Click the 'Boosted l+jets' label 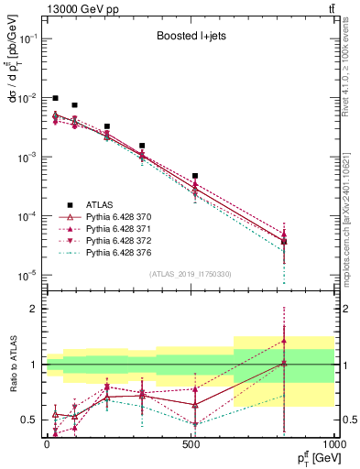coord(190,38)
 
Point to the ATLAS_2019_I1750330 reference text coord(191,273)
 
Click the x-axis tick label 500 coord(191,442)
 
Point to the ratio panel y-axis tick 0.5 coord(29,420)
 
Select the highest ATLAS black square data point coord(56,98)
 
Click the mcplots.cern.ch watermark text coord(351,211)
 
